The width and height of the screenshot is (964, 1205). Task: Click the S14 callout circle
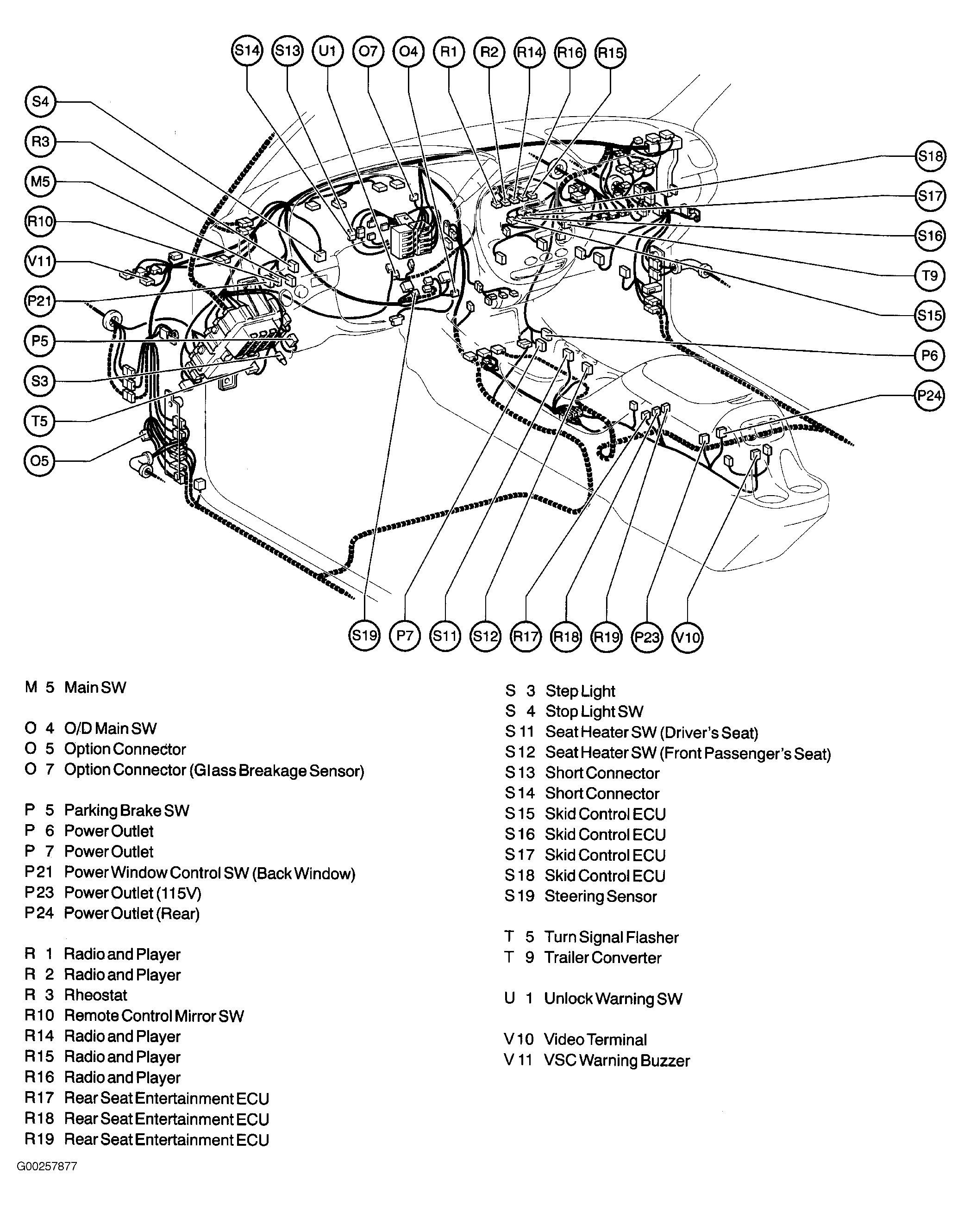tap(247, 51)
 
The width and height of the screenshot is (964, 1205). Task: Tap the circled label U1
tap(328, 51)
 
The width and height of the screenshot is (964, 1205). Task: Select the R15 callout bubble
tap(610, 53)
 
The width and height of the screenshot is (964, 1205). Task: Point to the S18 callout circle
tap(930, 156)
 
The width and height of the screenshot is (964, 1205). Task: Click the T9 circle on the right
tap(930, 275)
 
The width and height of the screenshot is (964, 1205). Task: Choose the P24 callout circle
tap(929, 396)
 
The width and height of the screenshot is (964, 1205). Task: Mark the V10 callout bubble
tap(687, 637)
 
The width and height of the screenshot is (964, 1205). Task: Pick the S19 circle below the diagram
tap(364, 635)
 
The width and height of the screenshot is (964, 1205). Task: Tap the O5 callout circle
tap(40, 461)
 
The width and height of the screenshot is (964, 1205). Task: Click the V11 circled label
tap(40, 261)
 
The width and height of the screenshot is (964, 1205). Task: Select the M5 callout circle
tap(40, 182)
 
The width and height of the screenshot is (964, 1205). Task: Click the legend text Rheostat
tap(96, 995)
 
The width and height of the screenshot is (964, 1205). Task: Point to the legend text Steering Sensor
tap(601, 896)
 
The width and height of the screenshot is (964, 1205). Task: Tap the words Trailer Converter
tap(603, 957)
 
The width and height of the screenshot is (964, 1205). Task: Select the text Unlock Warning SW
tap(613, 998)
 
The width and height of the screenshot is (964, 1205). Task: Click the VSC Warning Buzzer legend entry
tap(617, 1060)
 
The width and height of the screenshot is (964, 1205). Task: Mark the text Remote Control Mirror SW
tap(154, 1016)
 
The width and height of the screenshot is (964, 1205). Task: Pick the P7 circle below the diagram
tap(405, 635)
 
